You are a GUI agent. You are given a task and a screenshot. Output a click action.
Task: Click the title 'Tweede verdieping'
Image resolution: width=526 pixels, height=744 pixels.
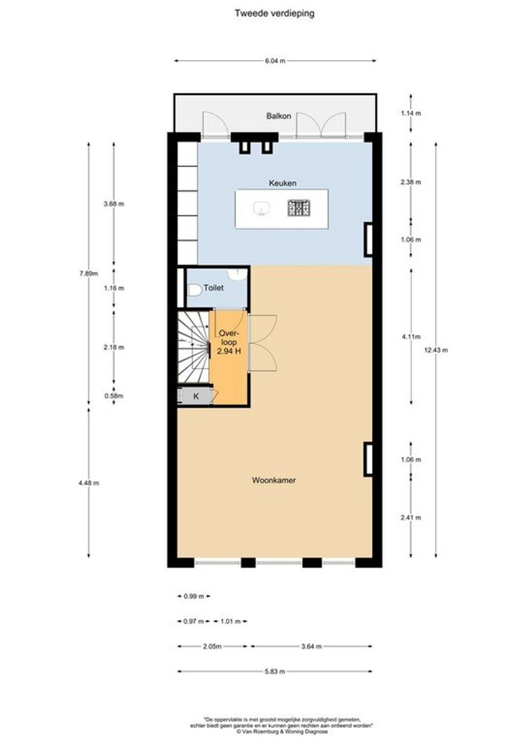coord(275,14)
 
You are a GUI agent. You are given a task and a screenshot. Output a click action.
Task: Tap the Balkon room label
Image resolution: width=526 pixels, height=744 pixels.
coord(279,116)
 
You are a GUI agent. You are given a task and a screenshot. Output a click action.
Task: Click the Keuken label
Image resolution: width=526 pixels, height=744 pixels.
coord(282,183)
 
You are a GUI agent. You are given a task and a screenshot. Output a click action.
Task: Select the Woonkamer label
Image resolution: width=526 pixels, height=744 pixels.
coord(274,480)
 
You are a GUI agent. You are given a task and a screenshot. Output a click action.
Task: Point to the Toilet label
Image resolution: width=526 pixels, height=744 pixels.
coord(213,288)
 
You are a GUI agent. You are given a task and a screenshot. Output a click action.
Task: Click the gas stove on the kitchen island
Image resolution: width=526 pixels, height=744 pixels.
coord(299,207)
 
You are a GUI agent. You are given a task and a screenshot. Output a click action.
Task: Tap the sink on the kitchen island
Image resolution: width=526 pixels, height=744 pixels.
coord(262,208)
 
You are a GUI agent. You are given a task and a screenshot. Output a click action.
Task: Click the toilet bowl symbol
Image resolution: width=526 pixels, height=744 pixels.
coord(194,291)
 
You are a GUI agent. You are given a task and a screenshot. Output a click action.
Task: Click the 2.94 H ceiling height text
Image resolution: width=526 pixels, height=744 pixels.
coord(228,351)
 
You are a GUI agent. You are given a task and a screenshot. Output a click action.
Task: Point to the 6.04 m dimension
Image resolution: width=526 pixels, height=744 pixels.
coord(275,61)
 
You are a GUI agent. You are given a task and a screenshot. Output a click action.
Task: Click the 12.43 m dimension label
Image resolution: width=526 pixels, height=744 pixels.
coord(436,350)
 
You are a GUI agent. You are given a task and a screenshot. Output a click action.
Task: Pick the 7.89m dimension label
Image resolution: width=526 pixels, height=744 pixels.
coord(89,274)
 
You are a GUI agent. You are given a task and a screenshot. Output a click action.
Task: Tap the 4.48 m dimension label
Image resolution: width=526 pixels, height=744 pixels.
coord(89,483)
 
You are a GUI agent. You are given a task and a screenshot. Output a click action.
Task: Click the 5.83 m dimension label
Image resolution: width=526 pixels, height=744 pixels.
coord(275,671)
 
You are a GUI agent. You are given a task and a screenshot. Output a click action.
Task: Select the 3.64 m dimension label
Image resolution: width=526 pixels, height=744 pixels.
coord(311,646)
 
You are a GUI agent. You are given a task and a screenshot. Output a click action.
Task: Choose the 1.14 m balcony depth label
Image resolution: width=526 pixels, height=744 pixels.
coord(411,113)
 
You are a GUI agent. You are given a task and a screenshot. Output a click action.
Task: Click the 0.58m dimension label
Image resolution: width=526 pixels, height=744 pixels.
coord(113,395)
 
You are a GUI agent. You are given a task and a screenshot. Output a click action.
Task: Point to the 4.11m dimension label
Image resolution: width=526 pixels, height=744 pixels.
coord(411,336)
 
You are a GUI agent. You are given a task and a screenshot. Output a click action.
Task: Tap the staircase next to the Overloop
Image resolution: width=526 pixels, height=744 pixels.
coord(193,347)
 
